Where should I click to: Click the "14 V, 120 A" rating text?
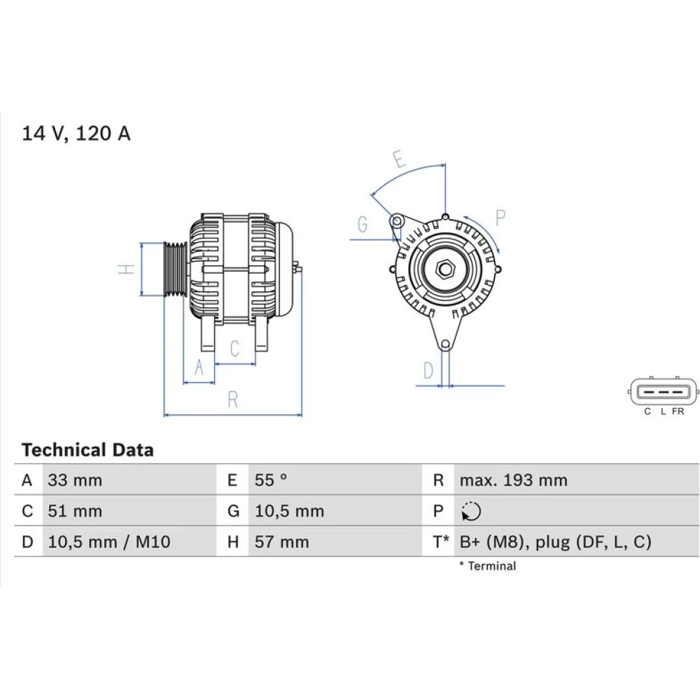[76, 134]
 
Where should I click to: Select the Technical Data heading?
[87, 450]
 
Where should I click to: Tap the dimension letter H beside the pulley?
[126, 269]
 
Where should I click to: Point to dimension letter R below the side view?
[232, 400]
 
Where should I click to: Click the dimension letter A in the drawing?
[199, 367]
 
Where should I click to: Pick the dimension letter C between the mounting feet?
[234, 348]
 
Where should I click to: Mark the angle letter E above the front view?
[400, 159]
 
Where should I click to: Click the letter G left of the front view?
[363, 224]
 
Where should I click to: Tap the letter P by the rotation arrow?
[500, 218]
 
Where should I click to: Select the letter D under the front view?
[428, 370]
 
